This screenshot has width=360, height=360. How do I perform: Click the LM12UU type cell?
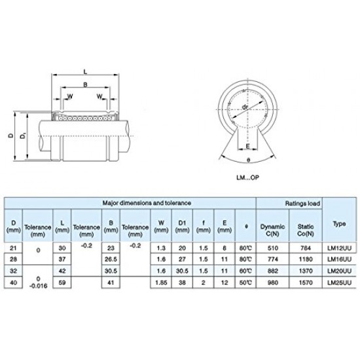click(342, 248)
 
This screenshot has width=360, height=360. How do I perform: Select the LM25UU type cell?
click(342, 283)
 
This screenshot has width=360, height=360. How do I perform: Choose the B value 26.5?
click(111, 260)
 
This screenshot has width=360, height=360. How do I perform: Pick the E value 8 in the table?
click(224, 248)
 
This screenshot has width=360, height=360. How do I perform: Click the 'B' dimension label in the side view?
click(86, 85)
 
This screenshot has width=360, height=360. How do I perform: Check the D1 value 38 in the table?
click(182, 283)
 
